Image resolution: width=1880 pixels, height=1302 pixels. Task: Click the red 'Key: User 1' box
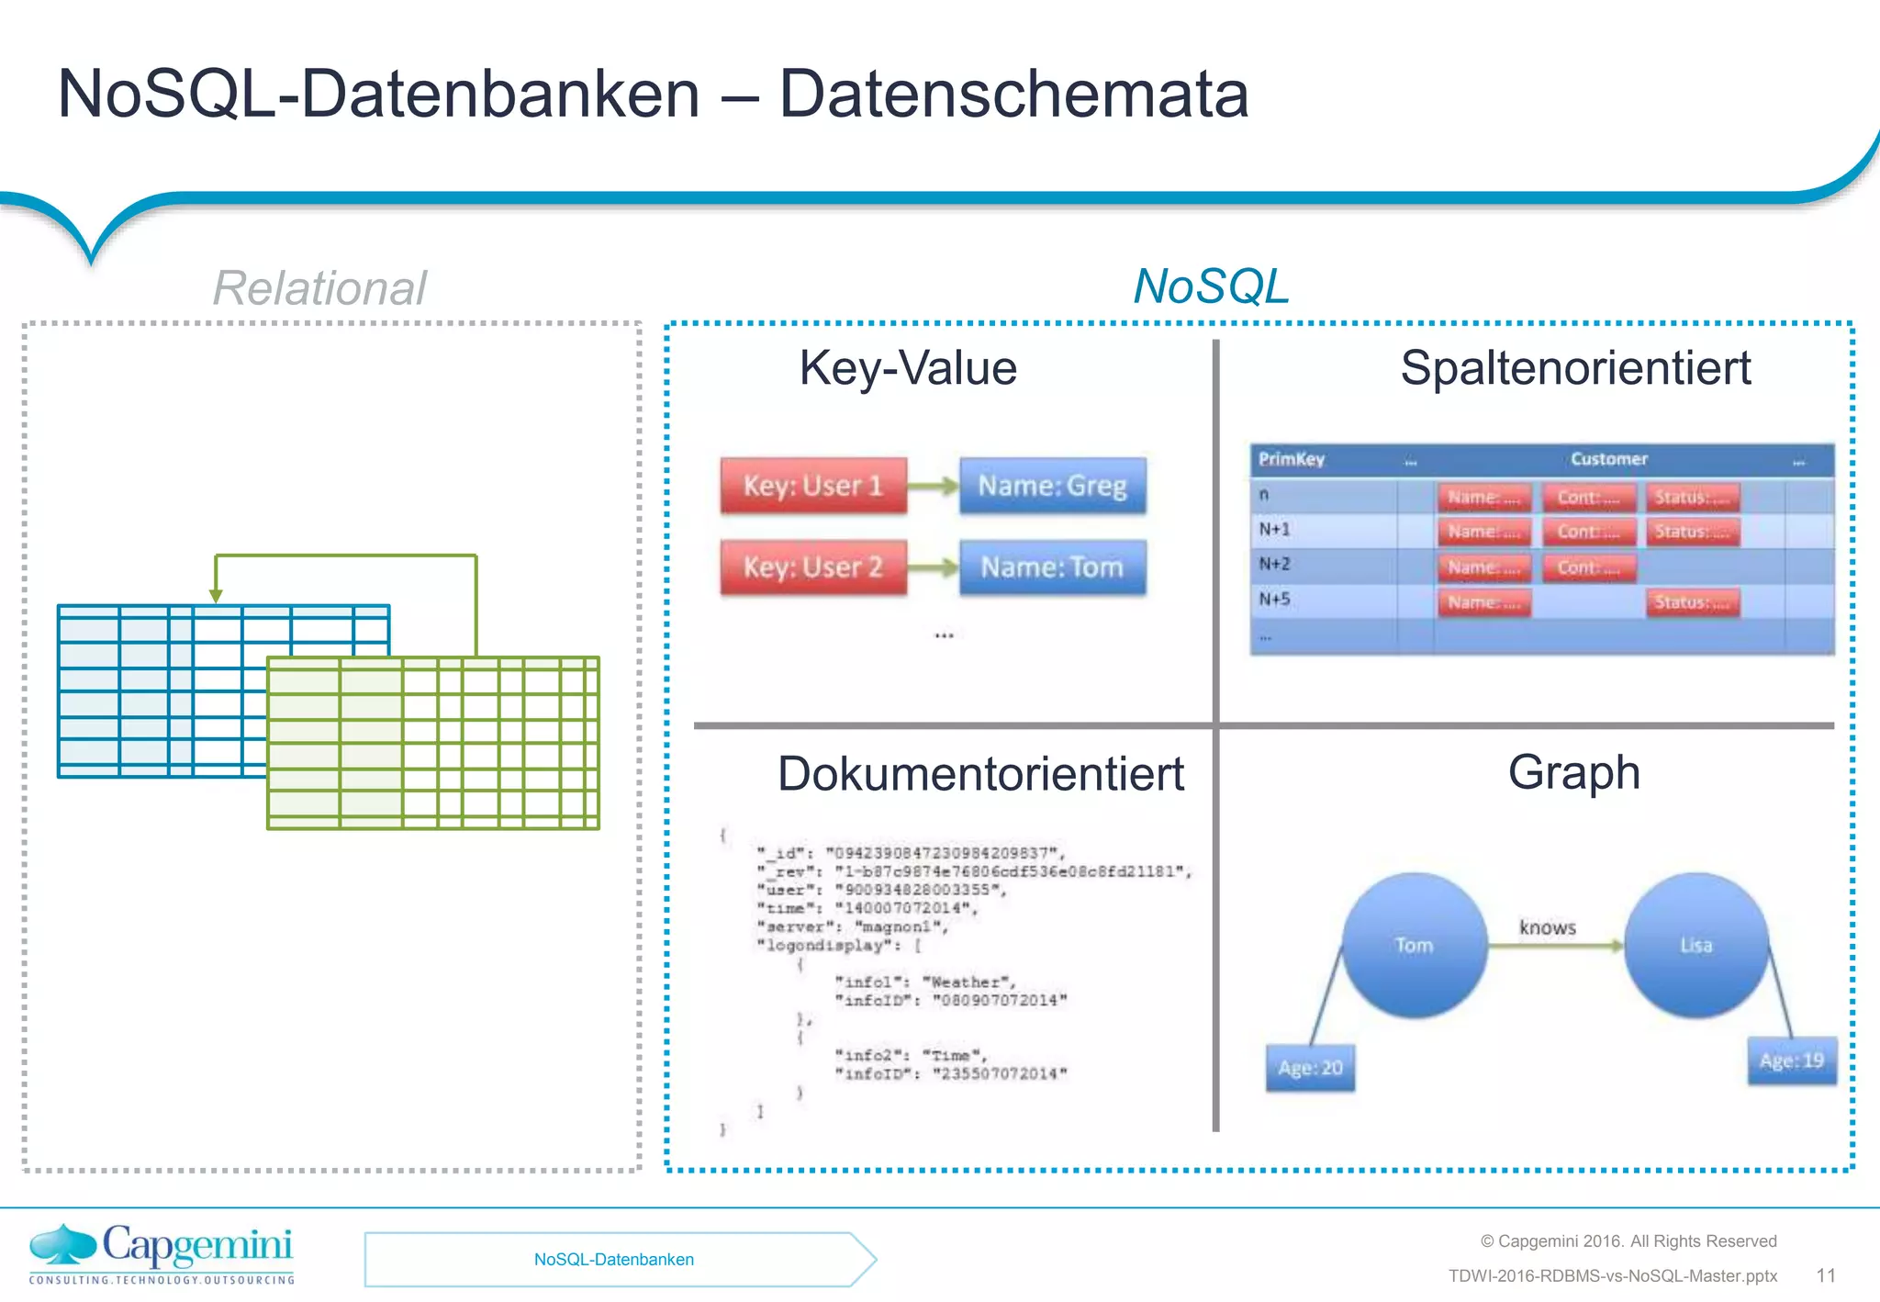click(x=813, y=485)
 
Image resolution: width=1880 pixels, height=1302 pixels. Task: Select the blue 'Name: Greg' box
click(x=1052, y=485)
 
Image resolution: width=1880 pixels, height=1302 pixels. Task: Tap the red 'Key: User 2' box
click(x=813, y=567)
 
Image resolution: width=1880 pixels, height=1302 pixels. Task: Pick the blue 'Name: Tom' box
click(x=1052, y=567)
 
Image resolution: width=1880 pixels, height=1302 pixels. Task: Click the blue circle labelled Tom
click(x=1414, y=945)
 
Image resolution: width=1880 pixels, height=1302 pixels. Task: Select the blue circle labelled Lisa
click(x=1695, y=945)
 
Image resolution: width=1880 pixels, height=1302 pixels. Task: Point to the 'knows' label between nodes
click(x=1548, y=927)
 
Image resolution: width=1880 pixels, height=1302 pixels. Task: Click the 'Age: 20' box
click(x=1310, y=1068)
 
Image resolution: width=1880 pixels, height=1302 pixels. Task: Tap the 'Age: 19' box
click(x=1791, y=1061)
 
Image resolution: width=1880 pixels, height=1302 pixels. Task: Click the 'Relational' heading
click(x=319, y=287)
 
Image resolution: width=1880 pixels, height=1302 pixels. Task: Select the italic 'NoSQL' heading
click(x=1211, y=286)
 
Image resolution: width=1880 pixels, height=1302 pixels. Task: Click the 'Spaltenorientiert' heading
click(x=1575, y=368)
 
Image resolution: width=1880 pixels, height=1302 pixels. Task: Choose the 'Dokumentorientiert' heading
click(x=980, y=773)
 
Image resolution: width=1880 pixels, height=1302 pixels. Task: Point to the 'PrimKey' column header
click(x=1291, y=459)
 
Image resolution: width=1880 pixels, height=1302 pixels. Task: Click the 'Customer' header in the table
click(x=1608, y=459)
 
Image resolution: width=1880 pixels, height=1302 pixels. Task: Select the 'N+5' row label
click(x=1274, y=600)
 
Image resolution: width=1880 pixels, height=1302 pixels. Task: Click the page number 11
click(x=1826, y=1275)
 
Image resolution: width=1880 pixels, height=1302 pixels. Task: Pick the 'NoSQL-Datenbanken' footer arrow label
click(x=614, y=1260)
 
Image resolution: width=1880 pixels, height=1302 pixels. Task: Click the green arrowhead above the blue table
click(x=216, y=596)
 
